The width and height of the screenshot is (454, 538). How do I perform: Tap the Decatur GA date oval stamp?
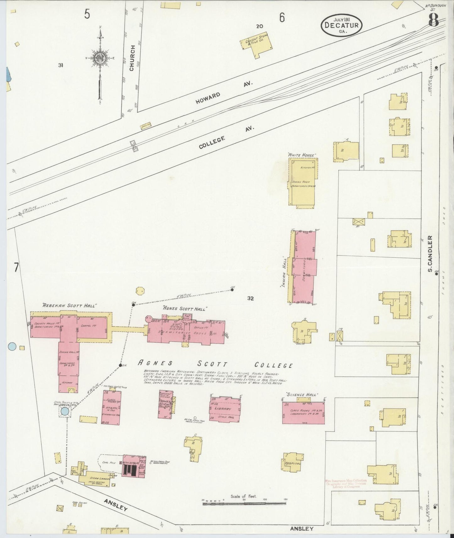click(341, 24)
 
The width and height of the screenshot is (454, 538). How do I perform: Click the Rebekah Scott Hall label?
click(69, 305)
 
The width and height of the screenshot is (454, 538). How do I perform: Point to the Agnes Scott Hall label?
click(184, 309)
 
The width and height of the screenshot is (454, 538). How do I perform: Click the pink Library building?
click(225, 409)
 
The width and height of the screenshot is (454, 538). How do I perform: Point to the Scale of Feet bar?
click(244, 503)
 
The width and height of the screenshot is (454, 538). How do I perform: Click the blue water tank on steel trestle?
click(65, 411)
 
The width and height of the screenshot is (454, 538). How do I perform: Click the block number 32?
click(250, 299)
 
